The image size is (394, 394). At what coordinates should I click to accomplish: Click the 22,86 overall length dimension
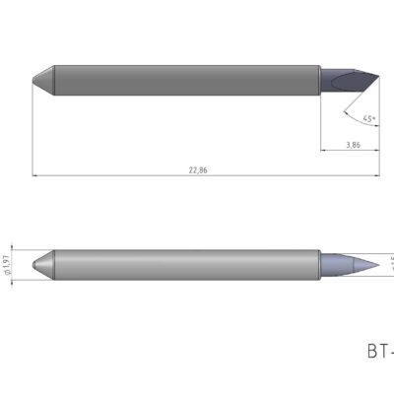pos(197,170)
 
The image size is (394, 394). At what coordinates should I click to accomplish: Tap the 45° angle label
pos(369,119)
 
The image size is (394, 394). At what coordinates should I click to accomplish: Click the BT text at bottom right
pos(379,351)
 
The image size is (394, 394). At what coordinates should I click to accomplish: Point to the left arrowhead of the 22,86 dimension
pos(35,176)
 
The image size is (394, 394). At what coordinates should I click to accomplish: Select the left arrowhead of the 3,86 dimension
pos(324,151)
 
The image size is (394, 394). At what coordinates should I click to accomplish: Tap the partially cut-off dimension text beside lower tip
pos(389,263)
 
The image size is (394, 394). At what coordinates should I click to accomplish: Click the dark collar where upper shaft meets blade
pos(320,78)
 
